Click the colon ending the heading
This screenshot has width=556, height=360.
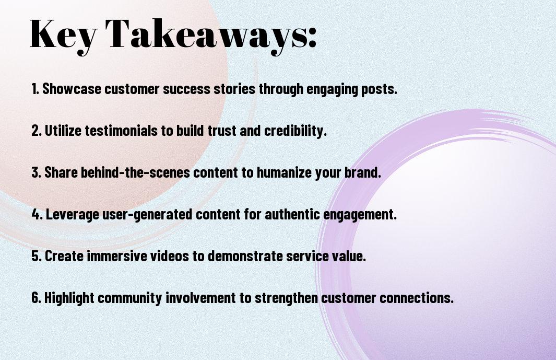(x=312, y=38)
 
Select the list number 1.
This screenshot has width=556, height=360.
(x=35, y=89)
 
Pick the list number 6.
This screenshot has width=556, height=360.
(x=36, y=297)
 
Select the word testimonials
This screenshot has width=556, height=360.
(x=121, y=131)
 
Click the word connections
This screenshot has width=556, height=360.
(x=417, y=297)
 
